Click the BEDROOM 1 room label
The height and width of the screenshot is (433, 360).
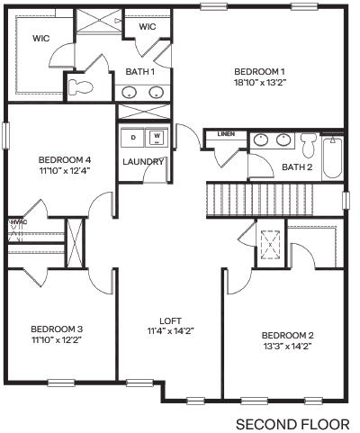pos(259,71)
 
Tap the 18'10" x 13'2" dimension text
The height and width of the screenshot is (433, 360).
pos(259,82)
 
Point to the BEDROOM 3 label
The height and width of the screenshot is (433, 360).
pos(57,329)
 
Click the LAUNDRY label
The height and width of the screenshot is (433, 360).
pos(144,162)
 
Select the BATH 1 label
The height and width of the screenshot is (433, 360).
pos(140,71)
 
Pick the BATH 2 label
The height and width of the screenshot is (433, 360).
pos(297,167)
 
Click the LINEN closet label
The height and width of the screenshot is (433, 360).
pos(226,134)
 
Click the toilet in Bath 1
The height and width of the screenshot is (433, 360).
pos(79,86)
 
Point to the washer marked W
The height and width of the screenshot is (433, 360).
pos(157,138)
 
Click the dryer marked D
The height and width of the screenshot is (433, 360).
pos(134,138)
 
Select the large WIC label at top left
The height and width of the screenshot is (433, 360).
pos(40,39)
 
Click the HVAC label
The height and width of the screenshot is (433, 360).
pos(16,221)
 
